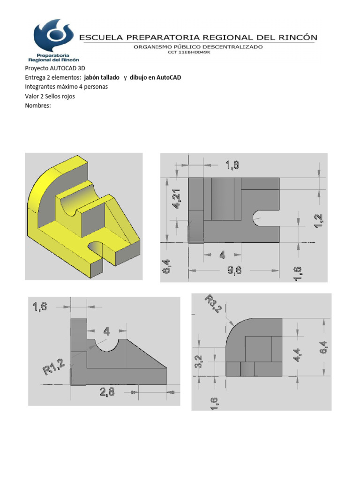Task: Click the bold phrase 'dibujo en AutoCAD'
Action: pos(155,77)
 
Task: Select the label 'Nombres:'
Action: pos(37,105)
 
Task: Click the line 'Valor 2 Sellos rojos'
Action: pos(50,96)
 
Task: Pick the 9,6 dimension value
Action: pos(235,271)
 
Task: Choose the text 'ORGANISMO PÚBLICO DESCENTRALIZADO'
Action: pos(198,46)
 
